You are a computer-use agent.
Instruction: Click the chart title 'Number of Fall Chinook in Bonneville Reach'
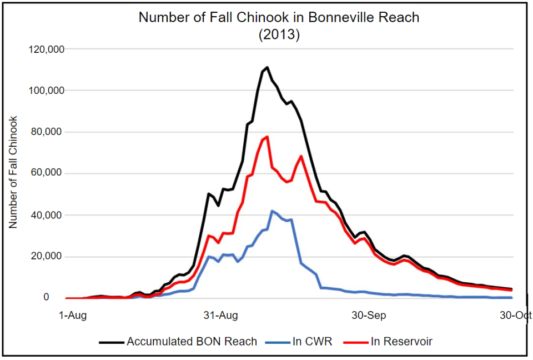[279, 18]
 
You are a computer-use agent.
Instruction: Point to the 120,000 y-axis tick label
[46, 49]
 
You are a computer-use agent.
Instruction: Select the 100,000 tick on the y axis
[46, 91]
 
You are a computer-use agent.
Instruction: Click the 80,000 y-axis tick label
[48, 132]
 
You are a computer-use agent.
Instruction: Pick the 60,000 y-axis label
[48, 173]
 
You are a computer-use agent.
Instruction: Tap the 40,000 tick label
[48, 215]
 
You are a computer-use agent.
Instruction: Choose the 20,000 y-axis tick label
[48, 257]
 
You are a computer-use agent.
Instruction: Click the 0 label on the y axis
[62, 298]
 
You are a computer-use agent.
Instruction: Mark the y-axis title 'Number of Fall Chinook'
[14, 172]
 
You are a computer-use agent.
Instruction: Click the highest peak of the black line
[267, 68]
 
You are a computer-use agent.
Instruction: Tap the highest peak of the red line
[267, 137]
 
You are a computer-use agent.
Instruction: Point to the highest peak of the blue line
[272, 211]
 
